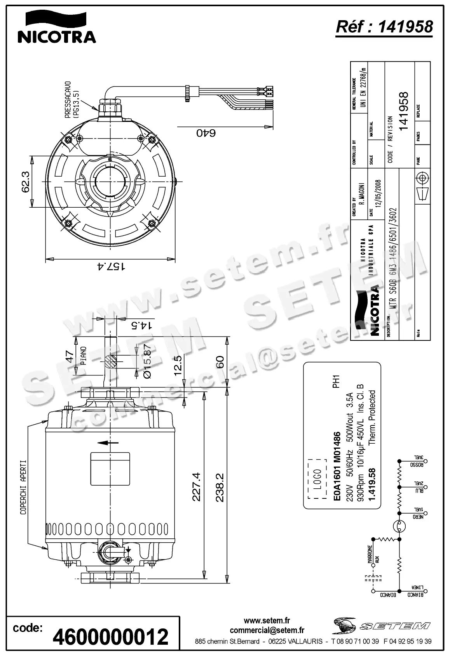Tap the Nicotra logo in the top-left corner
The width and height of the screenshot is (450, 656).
tap(57, 27)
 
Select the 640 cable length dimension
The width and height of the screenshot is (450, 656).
tap(206, 133)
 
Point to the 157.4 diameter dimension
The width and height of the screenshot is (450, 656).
tap(111, 266)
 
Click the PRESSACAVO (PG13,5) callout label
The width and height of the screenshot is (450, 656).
tap(72, 99)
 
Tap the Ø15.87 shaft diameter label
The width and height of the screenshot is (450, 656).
tap(147, 361)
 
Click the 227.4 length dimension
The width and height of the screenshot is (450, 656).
tap(196, 487)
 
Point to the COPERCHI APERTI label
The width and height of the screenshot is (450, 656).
tap(23, 487)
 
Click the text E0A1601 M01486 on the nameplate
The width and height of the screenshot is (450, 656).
tap(337, 466)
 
